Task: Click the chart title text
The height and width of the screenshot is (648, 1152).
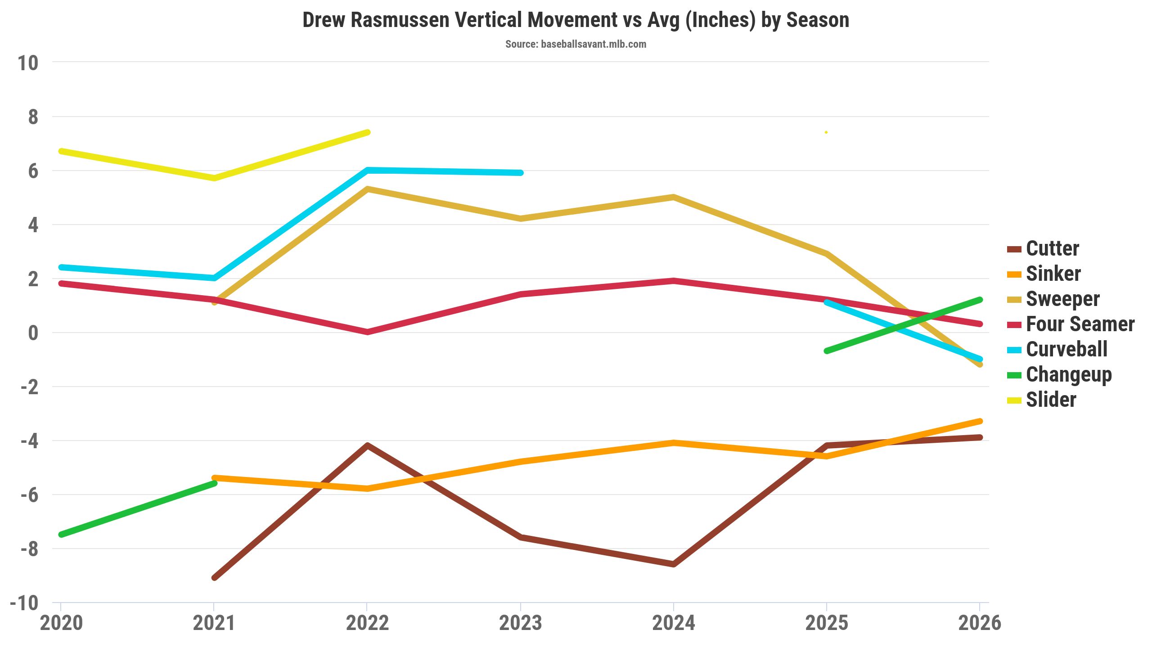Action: pyautogui.click(x=576, y=20)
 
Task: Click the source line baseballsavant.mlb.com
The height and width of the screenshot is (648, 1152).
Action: pyautogui.click(x=576, y=44)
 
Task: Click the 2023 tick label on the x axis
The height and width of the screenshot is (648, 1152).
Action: pyautogui.click(x=520, y=623)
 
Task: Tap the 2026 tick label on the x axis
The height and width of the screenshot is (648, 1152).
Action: pyautogui.click(x=980, y=623)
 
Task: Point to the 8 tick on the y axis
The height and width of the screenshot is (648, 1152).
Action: pyautogui.click(x=33, y=117)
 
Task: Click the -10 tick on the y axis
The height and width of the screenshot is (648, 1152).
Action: pyautogui.click(x=24, y=603)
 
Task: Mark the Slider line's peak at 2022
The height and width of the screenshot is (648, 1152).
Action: pyautogui.click(x=367, y=132)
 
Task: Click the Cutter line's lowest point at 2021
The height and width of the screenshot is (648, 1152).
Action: pyautogui.click(x=214, y=577)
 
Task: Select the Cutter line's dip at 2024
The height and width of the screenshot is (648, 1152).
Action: pyautogui.click(x=673, y=564)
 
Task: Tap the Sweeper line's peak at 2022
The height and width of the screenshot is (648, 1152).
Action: pyautogui.click(x=367, y=189)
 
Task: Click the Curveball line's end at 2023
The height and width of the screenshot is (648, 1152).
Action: pyautogui.click(x=520, y=173)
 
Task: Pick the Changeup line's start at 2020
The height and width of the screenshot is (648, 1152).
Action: pyautogui.click(x=61, y=535)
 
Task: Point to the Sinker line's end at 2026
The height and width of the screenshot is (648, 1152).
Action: pyautogui.click(x=980, y=421)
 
